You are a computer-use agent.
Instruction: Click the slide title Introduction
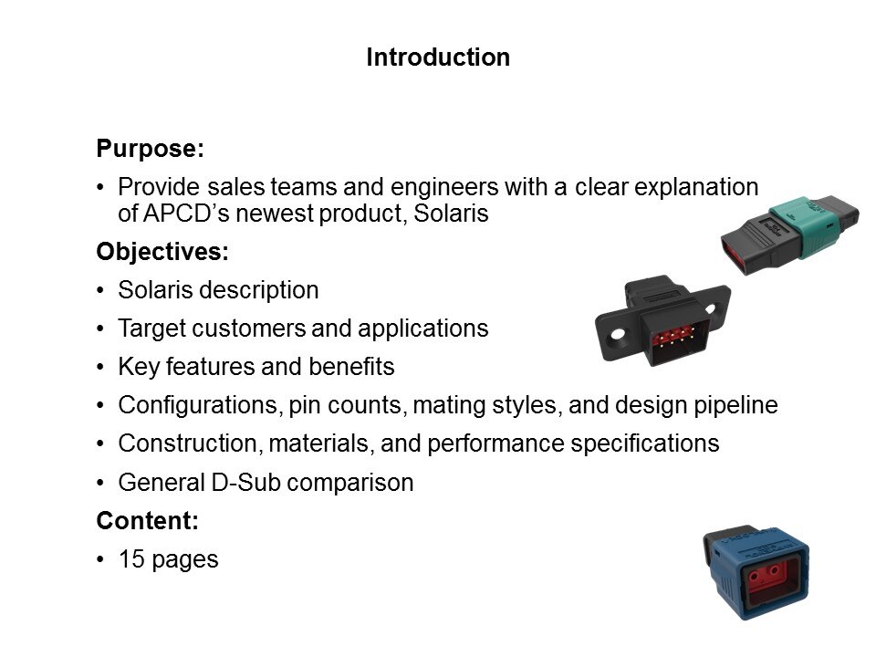click(438, 57)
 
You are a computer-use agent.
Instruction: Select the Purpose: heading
click(151, 149)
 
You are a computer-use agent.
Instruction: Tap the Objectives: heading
click(162, 252)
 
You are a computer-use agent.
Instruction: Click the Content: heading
click(148, 521)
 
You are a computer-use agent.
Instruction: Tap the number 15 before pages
click(131, 559)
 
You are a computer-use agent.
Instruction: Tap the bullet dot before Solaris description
click(100, 290)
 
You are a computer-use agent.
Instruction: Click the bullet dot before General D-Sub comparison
click(100, 483)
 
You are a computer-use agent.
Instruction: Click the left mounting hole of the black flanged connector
click(618, 335)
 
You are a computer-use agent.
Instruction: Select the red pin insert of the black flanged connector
click(673, 337)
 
